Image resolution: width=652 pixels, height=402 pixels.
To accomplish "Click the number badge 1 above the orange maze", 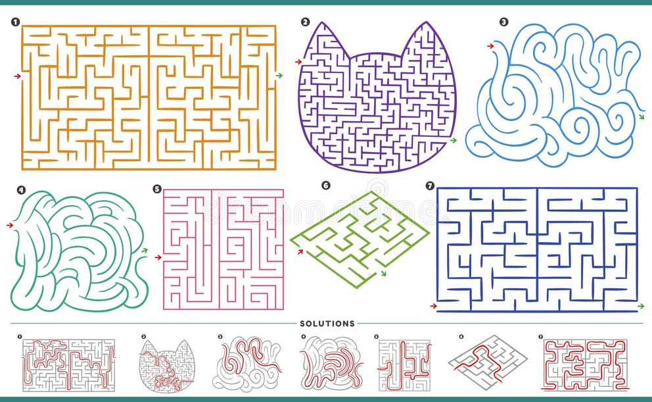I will pyautogui.click(x=14, y=22).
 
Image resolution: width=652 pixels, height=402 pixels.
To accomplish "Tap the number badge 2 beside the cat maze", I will pyautogui.click(x=305, y=22).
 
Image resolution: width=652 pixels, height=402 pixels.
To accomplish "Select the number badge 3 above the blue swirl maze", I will pyautogui.click(x=503, y=22).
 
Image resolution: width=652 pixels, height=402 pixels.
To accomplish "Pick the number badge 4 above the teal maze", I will pyautogui.click(x=22, y=190).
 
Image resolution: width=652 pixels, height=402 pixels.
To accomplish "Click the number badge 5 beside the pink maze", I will pyautogui.click(x=156, y=189).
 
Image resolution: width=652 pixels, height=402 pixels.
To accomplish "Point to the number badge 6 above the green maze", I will pyautogui.click(x=325, y=186).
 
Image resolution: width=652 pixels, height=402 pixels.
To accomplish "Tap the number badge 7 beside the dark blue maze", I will pyautogui.click(x=430, y=186).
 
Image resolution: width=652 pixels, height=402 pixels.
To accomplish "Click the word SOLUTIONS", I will pyautogui.click(x=327, y=324).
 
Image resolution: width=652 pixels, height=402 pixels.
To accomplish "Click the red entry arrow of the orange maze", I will pyautogui.click(x=17, y=76).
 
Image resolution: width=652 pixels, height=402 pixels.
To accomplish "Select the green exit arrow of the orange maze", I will pyautogui.click(x=279, y=76).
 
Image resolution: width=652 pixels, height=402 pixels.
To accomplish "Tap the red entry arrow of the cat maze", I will pyautogui.click(x=298, y=62).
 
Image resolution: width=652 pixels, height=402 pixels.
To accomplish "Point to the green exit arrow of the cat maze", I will pyautogui.click(x=452, y=140).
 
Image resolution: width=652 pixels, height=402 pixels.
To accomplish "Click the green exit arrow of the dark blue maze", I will pyautogui.click(x=641, y=307).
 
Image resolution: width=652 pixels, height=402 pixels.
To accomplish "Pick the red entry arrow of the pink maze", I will pyautogui.click(x=158, y=257).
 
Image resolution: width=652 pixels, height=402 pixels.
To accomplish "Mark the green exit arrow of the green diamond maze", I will pyautogui.click(x=383, y=272).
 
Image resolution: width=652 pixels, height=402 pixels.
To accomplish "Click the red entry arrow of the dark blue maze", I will pyautogui.click(x=433, y=306).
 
